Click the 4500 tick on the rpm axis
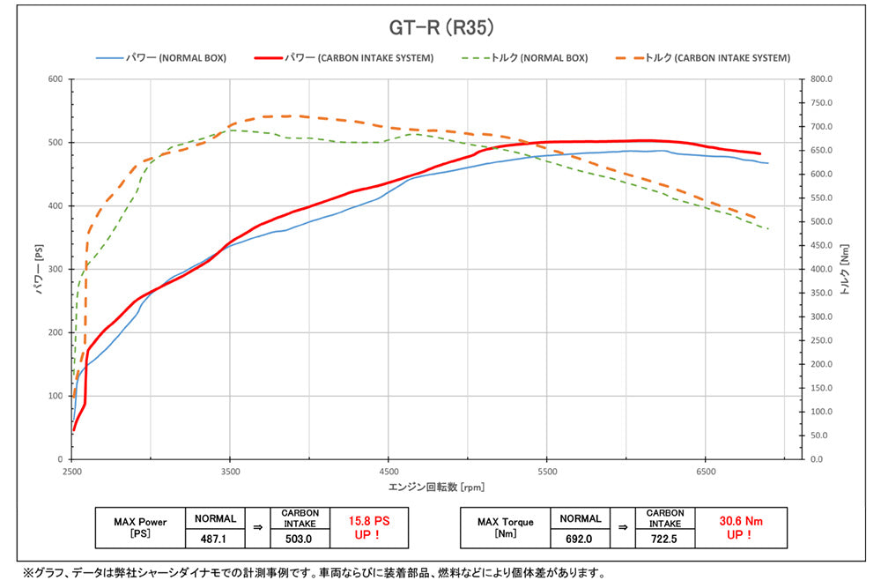[x=389, y=472]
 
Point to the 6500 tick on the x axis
[x=705, y=472]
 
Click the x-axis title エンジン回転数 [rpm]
[x=437, y=487]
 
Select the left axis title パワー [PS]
[x=40, y=269]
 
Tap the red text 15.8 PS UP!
[x=369, y=528]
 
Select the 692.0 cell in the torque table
[x=579, y=536]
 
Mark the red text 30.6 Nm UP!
[x=737, y=528]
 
